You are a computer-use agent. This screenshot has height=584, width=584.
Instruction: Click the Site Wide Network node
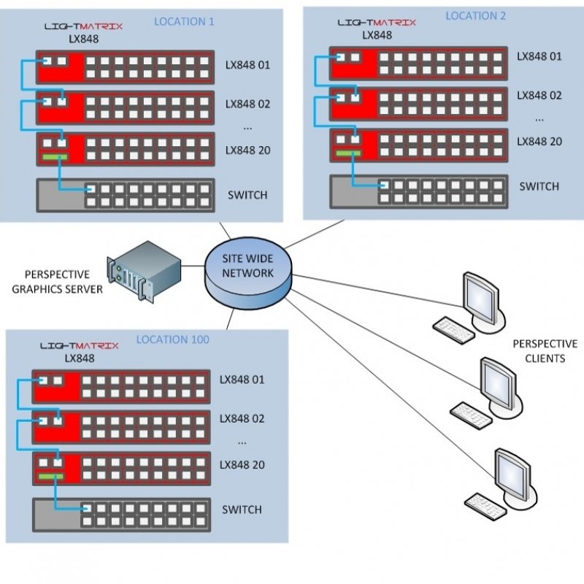coord(248,272)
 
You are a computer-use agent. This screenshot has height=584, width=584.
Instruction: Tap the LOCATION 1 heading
coord(184,22)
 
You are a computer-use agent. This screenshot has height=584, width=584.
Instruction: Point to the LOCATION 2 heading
coord(475,15)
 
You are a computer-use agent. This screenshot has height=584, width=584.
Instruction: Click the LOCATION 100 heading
coord(172,339)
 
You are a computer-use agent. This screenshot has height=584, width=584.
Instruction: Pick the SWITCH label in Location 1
coord(247,195)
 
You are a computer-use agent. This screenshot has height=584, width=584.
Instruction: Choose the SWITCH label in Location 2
coord(539,186)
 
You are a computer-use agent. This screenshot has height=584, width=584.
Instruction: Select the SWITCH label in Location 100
coord(242,510)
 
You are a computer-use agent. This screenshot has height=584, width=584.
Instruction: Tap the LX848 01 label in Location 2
coord(539,56)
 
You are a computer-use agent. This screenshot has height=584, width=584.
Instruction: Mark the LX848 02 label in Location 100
coord(242,419)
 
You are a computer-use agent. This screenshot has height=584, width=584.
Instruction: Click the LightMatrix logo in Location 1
coord(83,26)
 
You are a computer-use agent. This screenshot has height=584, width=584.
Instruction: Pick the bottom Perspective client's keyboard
coord(485,503)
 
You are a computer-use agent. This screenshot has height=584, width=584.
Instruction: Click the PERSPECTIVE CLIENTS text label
coord(539,350)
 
